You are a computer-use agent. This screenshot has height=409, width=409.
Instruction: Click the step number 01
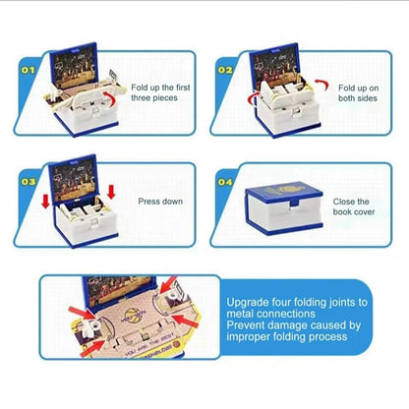pos(28,70)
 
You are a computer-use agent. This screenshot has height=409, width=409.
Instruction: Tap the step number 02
pos(225,70)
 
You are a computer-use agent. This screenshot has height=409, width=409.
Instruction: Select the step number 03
pos(29,182)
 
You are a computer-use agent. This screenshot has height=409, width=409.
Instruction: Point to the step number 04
pos(225,182)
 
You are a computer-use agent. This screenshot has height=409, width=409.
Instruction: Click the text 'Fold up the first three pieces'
pos(160,92)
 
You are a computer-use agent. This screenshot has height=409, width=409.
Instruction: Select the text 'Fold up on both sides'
pos(358,93)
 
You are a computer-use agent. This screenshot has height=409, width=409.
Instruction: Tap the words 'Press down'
pos(160,202)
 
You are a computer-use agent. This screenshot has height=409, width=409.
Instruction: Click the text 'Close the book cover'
pos(354,206)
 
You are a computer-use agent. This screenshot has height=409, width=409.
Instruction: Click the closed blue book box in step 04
pos(284,208)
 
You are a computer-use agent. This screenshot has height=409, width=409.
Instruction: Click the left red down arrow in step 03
pos(45,202)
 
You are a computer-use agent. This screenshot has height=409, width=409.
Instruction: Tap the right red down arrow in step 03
pos(111,192)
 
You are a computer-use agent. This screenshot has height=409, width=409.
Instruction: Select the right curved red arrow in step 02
pos(322,85)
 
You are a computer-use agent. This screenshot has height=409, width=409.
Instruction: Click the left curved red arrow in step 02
pos(252,99)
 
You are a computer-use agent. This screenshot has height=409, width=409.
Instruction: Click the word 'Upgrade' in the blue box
pos(248,303)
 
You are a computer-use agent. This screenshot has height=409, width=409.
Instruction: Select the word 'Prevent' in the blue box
pos(246,325)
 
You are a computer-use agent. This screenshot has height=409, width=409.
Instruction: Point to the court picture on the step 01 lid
pos(75,67)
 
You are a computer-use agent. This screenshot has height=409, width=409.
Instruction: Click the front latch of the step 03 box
pos(94,223)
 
